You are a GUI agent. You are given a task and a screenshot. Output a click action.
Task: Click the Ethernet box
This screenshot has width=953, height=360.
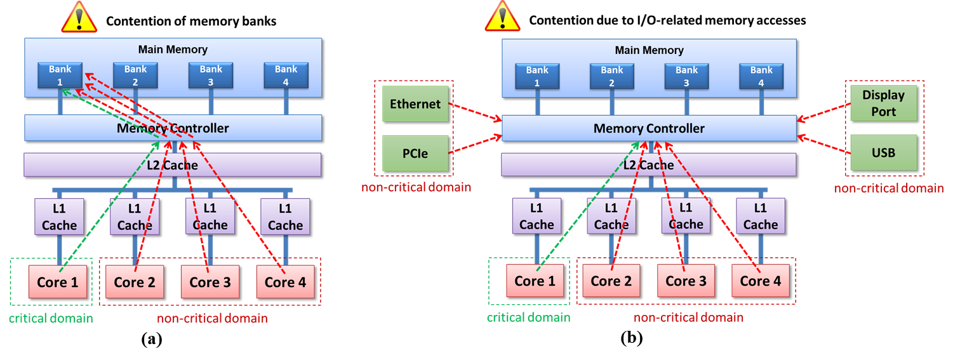415,103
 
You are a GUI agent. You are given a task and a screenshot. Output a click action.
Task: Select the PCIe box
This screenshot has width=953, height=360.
415,154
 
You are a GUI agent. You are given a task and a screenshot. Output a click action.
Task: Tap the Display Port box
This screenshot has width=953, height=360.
883,103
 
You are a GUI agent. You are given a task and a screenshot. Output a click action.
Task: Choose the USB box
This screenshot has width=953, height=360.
883,153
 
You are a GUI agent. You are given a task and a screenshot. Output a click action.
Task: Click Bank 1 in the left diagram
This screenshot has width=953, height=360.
60,76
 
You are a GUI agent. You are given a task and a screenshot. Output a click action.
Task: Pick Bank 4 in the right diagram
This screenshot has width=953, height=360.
761,76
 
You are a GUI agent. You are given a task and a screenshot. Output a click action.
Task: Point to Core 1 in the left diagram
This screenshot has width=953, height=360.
57,282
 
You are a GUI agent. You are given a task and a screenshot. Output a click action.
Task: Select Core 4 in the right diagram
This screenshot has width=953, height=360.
760,281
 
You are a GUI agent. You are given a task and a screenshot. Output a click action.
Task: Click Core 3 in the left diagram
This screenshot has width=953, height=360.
210,282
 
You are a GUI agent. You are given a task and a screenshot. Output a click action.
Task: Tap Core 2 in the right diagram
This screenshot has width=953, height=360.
611,281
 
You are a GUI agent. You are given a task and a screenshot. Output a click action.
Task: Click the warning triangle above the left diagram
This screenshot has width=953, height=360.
79,17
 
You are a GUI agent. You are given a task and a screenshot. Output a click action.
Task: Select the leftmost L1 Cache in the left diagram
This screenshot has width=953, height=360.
59,217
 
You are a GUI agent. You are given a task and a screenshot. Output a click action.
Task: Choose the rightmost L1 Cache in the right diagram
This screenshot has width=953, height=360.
760,216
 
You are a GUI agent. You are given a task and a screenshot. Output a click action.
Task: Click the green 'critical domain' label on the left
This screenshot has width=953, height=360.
51,318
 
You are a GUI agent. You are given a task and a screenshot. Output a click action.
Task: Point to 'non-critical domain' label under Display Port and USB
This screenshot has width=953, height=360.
888,188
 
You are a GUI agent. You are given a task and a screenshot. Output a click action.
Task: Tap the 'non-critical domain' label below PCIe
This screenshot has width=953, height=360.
416,187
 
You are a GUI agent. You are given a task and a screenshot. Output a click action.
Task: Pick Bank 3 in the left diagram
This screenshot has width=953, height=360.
211,76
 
